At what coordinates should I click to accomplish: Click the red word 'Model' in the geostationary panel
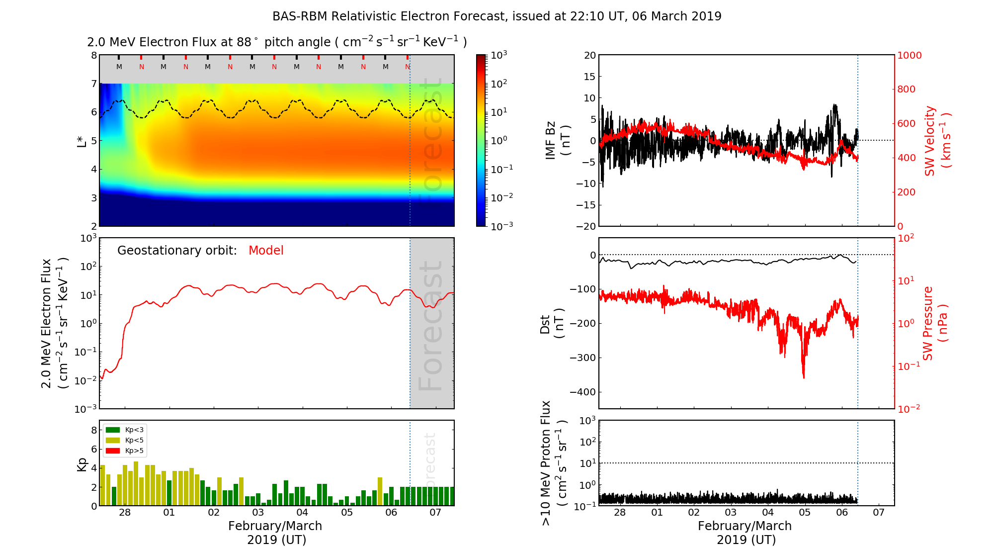pyautogui.click(x=266, y=251)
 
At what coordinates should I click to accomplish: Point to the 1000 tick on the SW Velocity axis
pyautogui.click(x=909, y=55)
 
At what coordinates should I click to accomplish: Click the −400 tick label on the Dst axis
pyautogui.click(x=582, y=392)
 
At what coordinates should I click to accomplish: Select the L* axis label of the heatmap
pyautogui.click(x=82, y=141)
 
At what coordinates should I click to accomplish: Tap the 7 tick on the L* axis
pyautogui.click(x=93, y=84)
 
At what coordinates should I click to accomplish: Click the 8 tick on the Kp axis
pyautogui.click(x=94, y=430)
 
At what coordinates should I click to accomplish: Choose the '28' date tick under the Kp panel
pyautogui.click(x=125, y=513)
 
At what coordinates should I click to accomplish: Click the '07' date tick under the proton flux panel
pyautogui.click(x=879, y=513)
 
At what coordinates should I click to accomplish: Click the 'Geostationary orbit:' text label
pyautogui.click(x=177, y=251)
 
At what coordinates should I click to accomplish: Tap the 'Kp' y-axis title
pyautogui.click(x=82, y=464)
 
